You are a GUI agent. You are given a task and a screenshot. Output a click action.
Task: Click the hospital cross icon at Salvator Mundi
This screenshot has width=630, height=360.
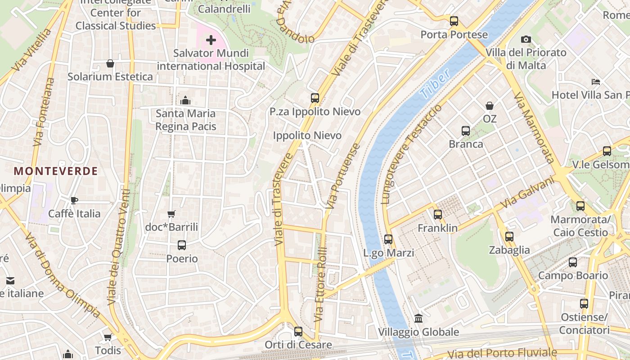click(x=211, y=40)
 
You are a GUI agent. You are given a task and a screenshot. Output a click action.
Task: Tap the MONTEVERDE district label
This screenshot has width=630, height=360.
click(x=56, y=171)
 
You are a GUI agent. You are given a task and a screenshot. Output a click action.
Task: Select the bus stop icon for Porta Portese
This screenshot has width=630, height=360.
click(x=454, y=21)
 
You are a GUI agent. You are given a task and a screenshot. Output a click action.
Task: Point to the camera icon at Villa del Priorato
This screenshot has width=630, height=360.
click(x=526, y=40)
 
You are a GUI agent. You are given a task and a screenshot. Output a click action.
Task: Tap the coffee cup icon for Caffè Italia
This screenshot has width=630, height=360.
click(x=74, y=200)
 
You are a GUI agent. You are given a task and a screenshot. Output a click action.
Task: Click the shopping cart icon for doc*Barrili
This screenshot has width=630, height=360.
click(x=171, y=214)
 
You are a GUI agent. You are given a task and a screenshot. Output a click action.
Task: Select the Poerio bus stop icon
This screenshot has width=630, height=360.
click(x=182, y=245)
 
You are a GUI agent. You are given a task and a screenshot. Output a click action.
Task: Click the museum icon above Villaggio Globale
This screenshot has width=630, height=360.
click(x=418, y=319)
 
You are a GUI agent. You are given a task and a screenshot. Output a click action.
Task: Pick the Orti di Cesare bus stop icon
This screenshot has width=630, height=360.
click(x=298, y=332)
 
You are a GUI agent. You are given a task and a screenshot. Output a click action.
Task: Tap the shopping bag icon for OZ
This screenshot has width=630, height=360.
click(x=490, y=106)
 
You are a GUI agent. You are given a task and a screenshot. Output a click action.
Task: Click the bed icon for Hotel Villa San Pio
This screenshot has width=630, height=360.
click(x=596, y=82)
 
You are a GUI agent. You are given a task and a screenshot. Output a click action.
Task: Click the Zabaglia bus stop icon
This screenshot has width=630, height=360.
click(x=509, y=237)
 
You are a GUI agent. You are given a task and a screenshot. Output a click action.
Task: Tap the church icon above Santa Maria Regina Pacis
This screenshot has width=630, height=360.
click(x=185, y=100)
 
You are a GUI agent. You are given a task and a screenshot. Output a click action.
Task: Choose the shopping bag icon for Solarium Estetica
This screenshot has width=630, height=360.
click(x=110, y=63)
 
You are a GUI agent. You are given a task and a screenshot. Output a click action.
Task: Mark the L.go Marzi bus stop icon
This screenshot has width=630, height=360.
click(x=388, y=239)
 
